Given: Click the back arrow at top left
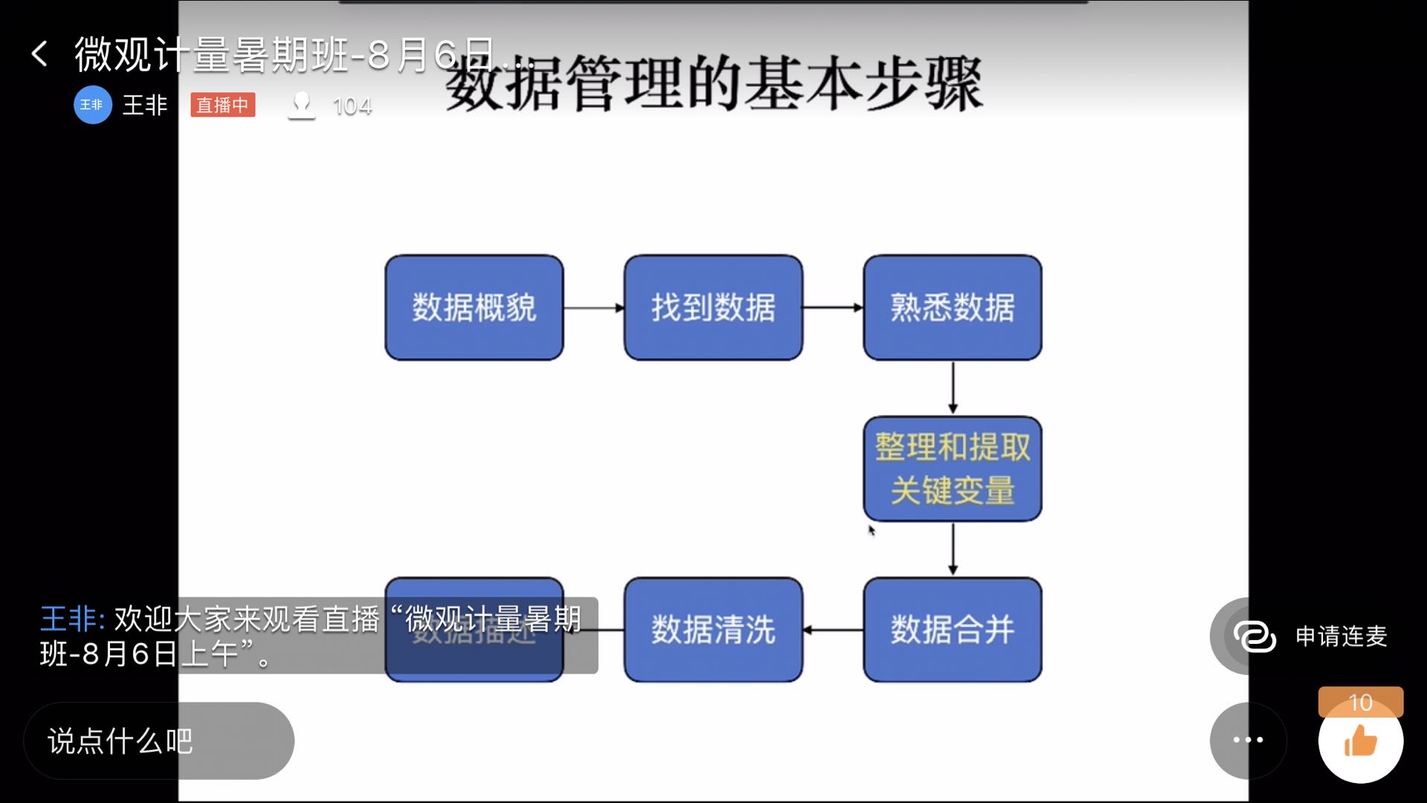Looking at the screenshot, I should click(39, 54).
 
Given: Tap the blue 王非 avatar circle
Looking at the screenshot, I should click(92, 105).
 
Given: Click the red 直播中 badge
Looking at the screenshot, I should click(222, 105).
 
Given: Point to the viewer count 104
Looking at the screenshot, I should click(352, 106).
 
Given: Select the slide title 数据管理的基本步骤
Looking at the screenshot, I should click(713, 83).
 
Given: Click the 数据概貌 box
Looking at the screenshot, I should click(474, 308).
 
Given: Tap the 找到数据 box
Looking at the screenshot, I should click(713, 308).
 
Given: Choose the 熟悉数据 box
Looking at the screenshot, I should click(952, 308).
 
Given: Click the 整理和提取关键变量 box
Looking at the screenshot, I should click(952, 468).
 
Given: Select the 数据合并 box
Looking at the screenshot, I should click(952, 630).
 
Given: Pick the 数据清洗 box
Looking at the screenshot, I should click(713, 630).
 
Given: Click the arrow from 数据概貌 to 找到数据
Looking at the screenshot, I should click(594, 308).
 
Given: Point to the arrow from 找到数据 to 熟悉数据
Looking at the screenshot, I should click(832, 308).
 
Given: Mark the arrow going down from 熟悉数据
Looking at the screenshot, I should click(953, 387).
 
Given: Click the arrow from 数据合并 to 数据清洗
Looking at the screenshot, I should click(832, 630).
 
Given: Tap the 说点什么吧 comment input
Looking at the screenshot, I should click(158, 741).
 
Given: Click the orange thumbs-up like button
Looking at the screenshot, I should click(1360, 742).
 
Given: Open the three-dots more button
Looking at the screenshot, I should click(1248, 740).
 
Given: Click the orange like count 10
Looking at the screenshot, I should click(1360, 702).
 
